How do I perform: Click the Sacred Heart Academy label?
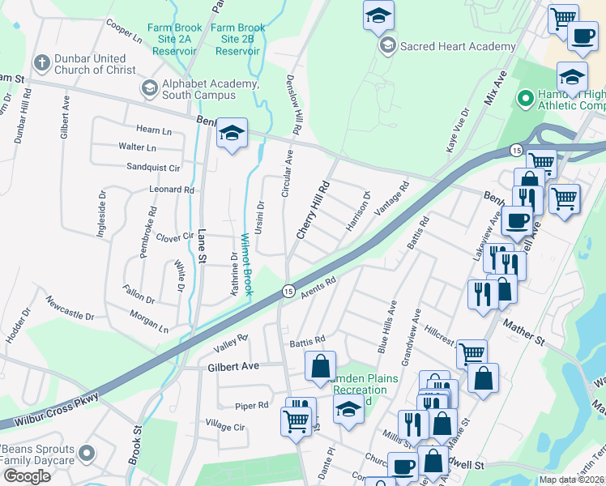pos(458,46)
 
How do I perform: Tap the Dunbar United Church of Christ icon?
pos(41,63)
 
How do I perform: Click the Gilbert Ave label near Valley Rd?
pos(233,366)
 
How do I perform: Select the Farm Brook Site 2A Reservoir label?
pos(172,39)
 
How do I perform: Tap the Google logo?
pos(26,475)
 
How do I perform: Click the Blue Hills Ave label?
pos(386,326)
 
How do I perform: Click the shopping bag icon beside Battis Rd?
pos(321,366)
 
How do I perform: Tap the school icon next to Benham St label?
pos(232,134)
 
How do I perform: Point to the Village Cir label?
pos(225,424)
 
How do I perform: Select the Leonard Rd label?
pos(172,190)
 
